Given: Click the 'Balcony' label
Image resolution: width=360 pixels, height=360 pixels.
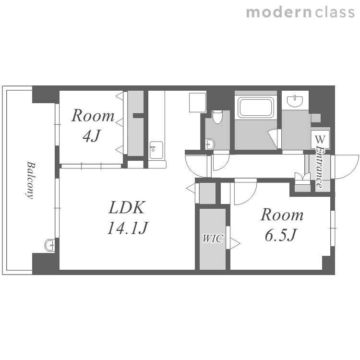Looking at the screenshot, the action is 30,180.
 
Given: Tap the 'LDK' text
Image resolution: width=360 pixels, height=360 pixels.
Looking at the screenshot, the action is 127,207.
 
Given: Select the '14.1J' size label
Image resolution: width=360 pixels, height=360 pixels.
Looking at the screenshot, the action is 128,228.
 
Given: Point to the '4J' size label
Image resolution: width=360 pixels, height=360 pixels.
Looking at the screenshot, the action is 92,136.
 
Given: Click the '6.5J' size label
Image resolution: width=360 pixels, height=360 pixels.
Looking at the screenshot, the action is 281,235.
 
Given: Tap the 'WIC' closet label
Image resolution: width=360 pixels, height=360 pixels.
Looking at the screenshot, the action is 213,239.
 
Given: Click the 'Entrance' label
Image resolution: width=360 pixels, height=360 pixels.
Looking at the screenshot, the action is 319,167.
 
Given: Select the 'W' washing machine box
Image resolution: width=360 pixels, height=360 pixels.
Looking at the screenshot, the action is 320,139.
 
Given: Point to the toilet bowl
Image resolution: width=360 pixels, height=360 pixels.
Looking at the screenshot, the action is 217,117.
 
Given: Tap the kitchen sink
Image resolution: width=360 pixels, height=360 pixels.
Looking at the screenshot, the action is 156,150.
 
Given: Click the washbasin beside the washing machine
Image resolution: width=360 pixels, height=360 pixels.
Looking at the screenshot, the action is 295,101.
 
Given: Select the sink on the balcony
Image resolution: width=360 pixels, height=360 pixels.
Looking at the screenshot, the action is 49,245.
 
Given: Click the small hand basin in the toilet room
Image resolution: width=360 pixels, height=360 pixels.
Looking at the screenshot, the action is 210,144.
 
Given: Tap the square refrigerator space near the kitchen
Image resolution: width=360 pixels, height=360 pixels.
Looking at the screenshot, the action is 197,102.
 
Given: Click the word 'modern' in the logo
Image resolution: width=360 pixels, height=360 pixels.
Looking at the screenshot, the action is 279,12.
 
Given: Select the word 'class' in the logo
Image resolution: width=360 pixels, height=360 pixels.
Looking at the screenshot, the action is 335,12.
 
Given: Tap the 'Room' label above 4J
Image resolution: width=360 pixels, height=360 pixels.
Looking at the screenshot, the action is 93,116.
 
